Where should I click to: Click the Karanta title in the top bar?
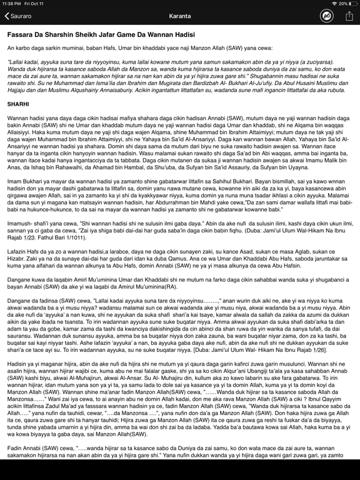[179, 16]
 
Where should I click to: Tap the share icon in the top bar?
[349, 16]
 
